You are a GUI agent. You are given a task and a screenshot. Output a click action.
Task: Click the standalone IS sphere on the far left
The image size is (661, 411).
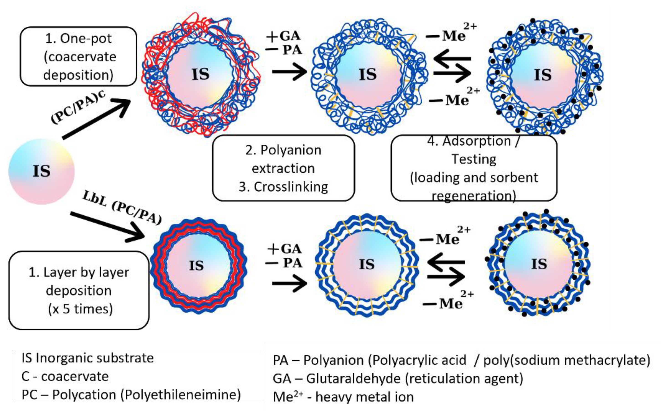41,171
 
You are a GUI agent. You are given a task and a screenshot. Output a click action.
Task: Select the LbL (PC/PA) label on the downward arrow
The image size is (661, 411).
122,207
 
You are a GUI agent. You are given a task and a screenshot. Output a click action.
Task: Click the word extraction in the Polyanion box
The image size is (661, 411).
283,168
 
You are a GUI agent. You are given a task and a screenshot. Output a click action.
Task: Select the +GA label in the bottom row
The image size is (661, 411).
284,249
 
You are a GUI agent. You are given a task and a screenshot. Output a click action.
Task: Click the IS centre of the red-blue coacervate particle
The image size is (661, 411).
200,74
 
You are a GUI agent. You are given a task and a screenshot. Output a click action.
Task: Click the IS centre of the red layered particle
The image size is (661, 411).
196,265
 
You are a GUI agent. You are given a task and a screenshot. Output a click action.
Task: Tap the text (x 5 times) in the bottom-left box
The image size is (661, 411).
80,309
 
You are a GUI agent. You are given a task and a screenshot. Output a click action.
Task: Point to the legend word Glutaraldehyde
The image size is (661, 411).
353,378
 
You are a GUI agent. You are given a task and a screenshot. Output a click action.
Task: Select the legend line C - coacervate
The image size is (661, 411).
65,376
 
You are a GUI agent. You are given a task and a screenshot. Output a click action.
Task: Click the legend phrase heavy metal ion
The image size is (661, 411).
364,397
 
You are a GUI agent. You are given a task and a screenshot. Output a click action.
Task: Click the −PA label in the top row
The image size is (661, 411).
284,50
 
